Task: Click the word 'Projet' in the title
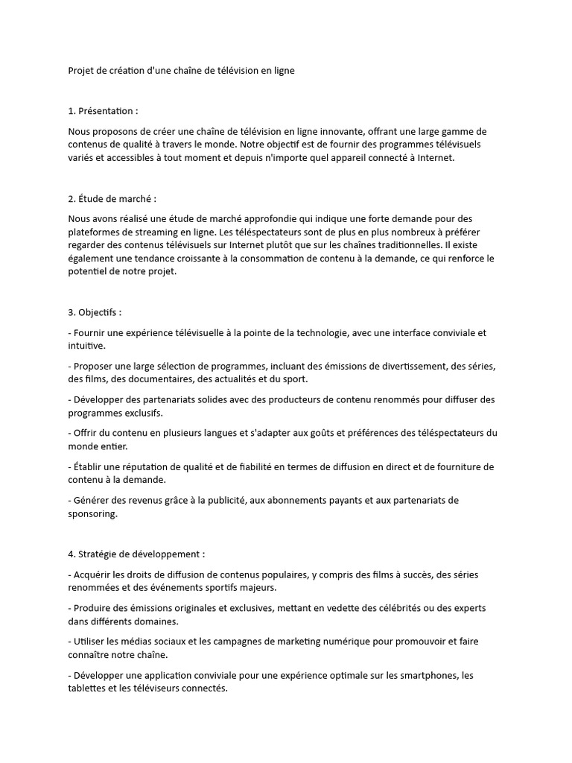click(x=80, y=71)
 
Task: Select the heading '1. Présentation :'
click(x=103, y=111)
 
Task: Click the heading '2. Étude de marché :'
click(x=112, y=199)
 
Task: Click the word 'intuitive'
click(x=86, y=346)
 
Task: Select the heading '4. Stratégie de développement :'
click(x=136, y=554)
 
